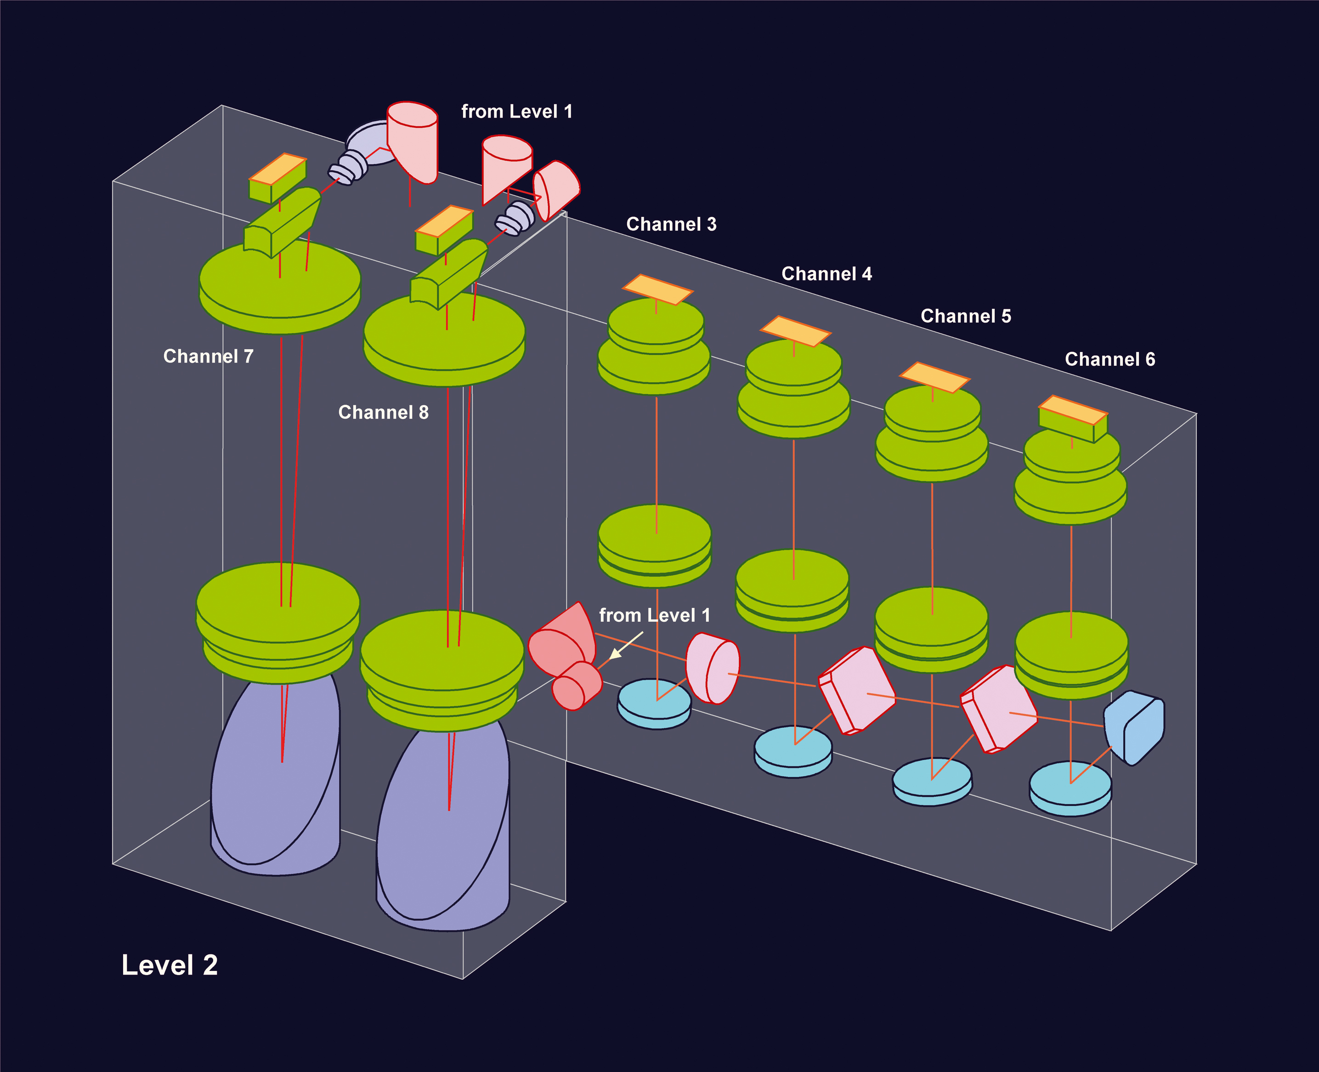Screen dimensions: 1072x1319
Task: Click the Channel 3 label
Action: [x=671, y=224]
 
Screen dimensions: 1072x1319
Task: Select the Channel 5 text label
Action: [x=965, y=316]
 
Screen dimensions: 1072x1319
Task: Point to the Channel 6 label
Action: [x=1110, y=359]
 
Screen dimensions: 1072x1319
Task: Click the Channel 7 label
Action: [x=208, y=356]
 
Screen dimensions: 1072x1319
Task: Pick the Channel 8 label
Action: [x=383, y=413]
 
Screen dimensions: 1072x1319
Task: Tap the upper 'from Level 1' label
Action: [x=517, y=112]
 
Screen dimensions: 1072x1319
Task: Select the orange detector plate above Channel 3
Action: [x=657, y=289]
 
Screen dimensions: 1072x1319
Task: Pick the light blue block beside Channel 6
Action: [x=1135, y=727]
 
